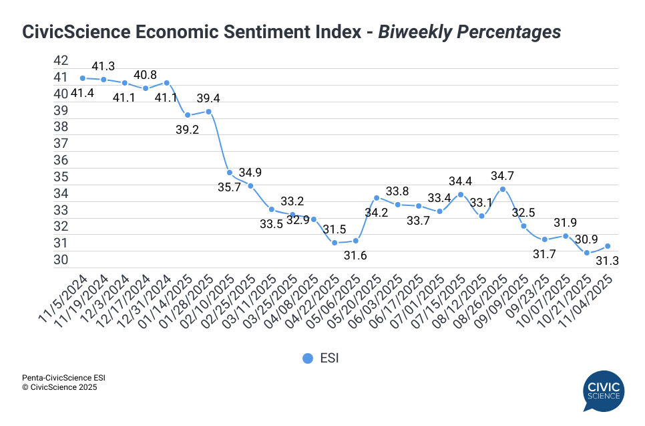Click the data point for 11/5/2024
(x=82, y=78)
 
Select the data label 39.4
(x=207, y=98)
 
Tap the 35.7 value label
(x=228, y=187)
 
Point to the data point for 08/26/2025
(x=503, y=189)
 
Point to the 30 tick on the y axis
(x=61, y=260)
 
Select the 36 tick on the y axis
(x=61, y=161)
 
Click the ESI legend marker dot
(x=308, y=358)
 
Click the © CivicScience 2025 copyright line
(x=60, y=387)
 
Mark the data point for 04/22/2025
(x=335, y=243)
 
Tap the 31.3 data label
(x=607, y=261)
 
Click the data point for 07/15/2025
(x=461, y=195)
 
